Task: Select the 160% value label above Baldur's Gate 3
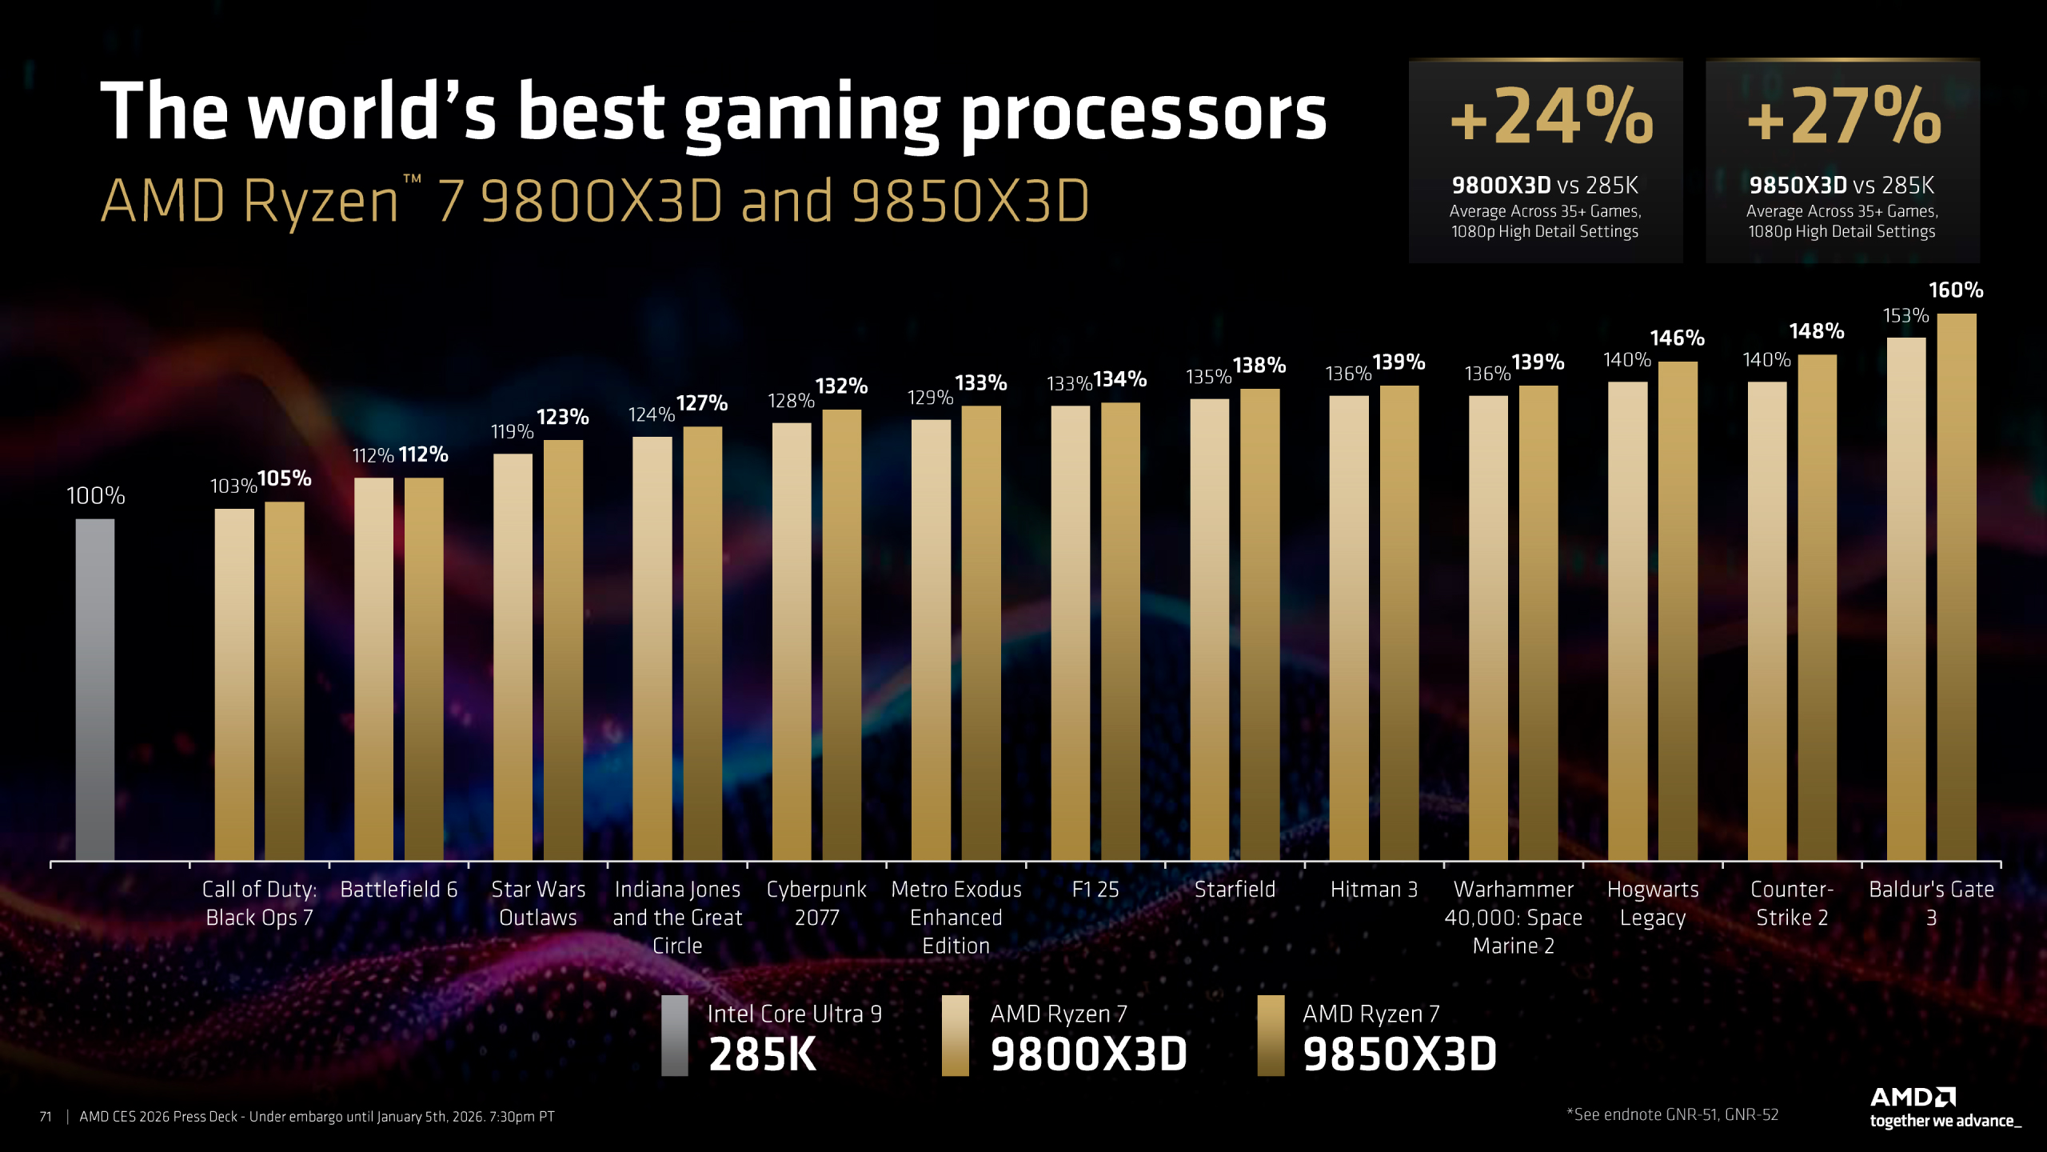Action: click(1955, 290)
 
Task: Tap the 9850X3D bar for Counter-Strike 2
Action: click(1817, 608)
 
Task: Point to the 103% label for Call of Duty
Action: click(233, 486)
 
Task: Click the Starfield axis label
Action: click(1235, 889)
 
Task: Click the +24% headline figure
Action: click(1550, 118)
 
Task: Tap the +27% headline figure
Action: click(1843, 118)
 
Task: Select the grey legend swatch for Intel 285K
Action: click(674, 1035)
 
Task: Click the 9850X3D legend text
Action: click(1399, 1053)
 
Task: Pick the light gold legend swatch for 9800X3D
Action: click(955, 1035)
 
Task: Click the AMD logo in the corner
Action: click(1913, 1097)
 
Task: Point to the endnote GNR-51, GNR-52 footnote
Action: click(1672, 1114)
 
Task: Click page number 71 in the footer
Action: click(46, 1116)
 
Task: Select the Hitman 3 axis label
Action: click(1374, 889)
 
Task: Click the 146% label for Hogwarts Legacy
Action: click(1677, 338)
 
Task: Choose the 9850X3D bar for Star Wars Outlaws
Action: click(563, 650)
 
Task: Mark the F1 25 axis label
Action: click(1095, 889)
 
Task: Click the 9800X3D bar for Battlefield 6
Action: click(373, 669)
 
